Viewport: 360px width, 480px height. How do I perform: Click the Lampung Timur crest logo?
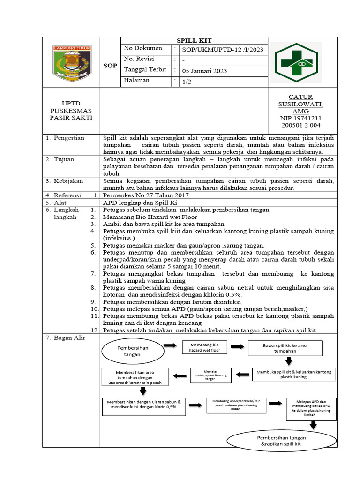(72, 62)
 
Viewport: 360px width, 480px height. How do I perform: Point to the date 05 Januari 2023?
(204, 71)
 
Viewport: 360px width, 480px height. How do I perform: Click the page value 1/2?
(187, 81)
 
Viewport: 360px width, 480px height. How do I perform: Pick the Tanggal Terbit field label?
(145, 70)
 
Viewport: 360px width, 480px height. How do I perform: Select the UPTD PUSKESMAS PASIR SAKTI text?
(71, 110)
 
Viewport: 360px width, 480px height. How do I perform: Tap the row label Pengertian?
(68, 138)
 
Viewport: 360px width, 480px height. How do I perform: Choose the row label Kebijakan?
(67, 181)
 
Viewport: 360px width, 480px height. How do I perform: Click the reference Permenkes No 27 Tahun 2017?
(145, 195)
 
